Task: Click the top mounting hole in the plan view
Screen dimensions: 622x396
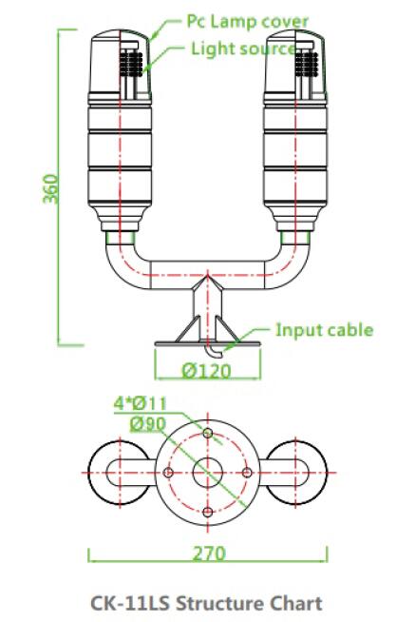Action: pyautogui.click(x=208, y=434)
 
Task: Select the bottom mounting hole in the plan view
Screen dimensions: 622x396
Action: pyautogui.click(x=208, y=513)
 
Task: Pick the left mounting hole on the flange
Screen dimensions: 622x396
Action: pyautogui.click(x=168, y=474)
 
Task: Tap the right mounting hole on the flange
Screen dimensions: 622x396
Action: pyautogui.click(x=247, y=474)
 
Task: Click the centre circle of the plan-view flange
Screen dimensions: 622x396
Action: pyautogui.click(x=208, y=474)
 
